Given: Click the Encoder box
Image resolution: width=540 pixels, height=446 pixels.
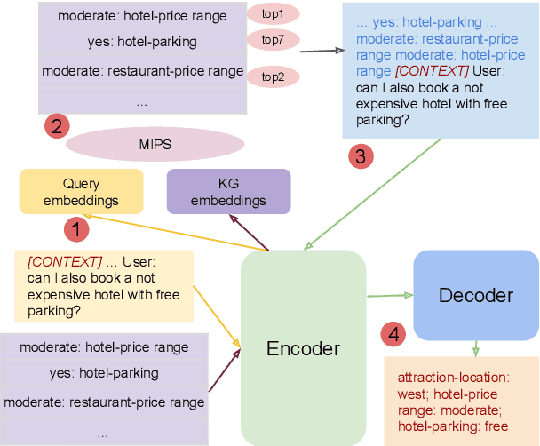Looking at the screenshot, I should click(303, 347).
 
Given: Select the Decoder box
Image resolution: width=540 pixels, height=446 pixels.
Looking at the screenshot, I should click(475, 295).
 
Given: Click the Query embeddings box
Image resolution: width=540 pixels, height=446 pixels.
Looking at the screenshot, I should click(81, 192).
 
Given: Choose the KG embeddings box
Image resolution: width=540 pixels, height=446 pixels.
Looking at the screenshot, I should click(228, 192).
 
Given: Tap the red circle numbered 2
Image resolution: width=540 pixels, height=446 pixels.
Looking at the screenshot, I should click(57, 126).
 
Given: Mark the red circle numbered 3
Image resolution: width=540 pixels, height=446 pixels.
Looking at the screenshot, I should click(360, 156).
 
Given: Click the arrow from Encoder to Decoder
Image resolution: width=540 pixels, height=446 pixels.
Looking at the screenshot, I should click(389, 295).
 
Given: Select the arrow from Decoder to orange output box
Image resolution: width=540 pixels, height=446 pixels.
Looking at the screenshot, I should click(476, 348).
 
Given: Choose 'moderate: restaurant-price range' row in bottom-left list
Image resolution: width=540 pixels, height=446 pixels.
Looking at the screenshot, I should click(112, 402).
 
